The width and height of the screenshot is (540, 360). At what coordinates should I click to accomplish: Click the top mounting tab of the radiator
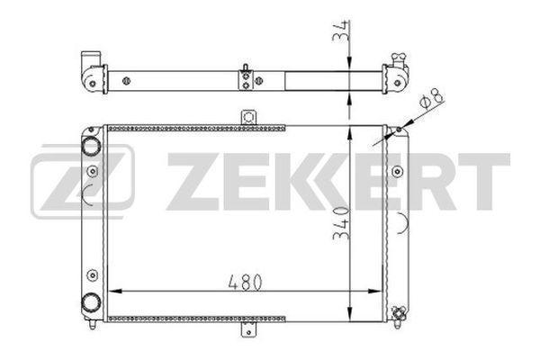(x=248, y=118)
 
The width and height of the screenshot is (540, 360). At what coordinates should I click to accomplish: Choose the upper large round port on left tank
(x=90, y=146)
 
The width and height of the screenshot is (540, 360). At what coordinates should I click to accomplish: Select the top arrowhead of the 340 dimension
(x=350, y=131)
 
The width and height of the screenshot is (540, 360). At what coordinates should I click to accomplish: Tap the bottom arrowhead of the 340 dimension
(x=350, y=314)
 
